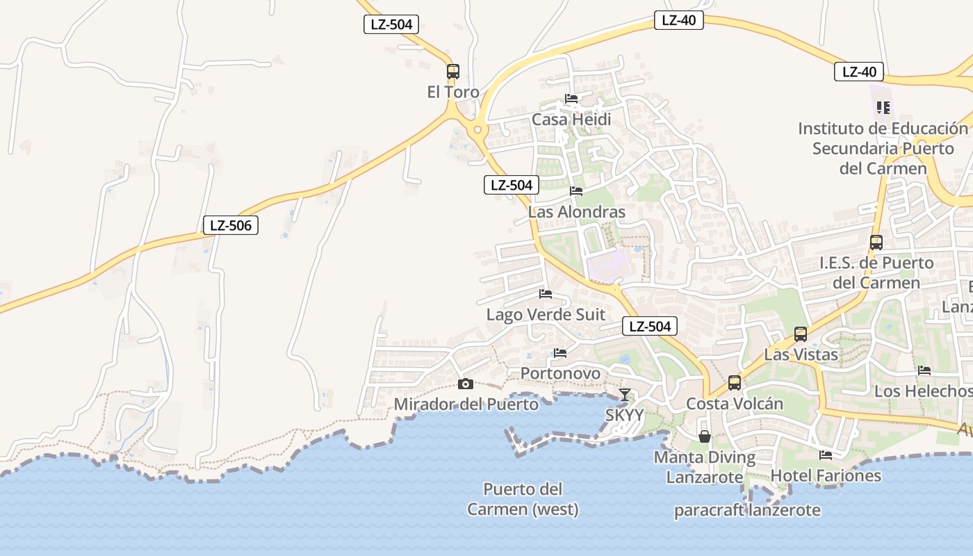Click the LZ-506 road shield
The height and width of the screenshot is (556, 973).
230,225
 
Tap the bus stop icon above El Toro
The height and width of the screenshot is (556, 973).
453,71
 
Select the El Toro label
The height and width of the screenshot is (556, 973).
453,92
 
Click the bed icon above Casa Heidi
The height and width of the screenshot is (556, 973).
571,99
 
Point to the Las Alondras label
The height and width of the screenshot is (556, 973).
577,212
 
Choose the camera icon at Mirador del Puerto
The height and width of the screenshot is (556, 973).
466,384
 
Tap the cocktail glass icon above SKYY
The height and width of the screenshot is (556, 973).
625,395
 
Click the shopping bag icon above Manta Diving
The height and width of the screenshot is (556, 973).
705,436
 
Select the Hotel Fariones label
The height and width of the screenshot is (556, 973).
826,476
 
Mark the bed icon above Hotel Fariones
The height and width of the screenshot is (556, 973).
826,455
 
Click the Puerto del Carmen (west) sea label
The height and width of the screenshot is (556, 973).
523,499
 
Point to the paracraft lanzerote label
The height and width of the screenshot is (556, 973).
747,510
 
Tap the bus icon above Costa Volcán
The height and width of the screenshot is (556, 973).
735,383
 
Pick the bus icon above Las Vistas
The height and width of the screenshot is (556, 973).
801,334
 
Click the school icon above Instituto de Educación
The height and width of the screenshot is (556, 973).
883,108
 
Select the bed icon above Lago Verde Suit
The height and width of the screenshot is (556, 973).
546,294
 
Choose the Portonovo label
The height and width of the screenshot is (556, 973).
560,373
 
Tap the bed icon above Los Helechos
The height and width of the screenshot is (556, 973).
924,370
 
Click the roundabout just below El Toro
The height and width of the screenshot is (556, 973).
477,129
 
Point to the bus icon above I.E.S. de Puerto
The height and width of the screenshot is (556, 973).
876,243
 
